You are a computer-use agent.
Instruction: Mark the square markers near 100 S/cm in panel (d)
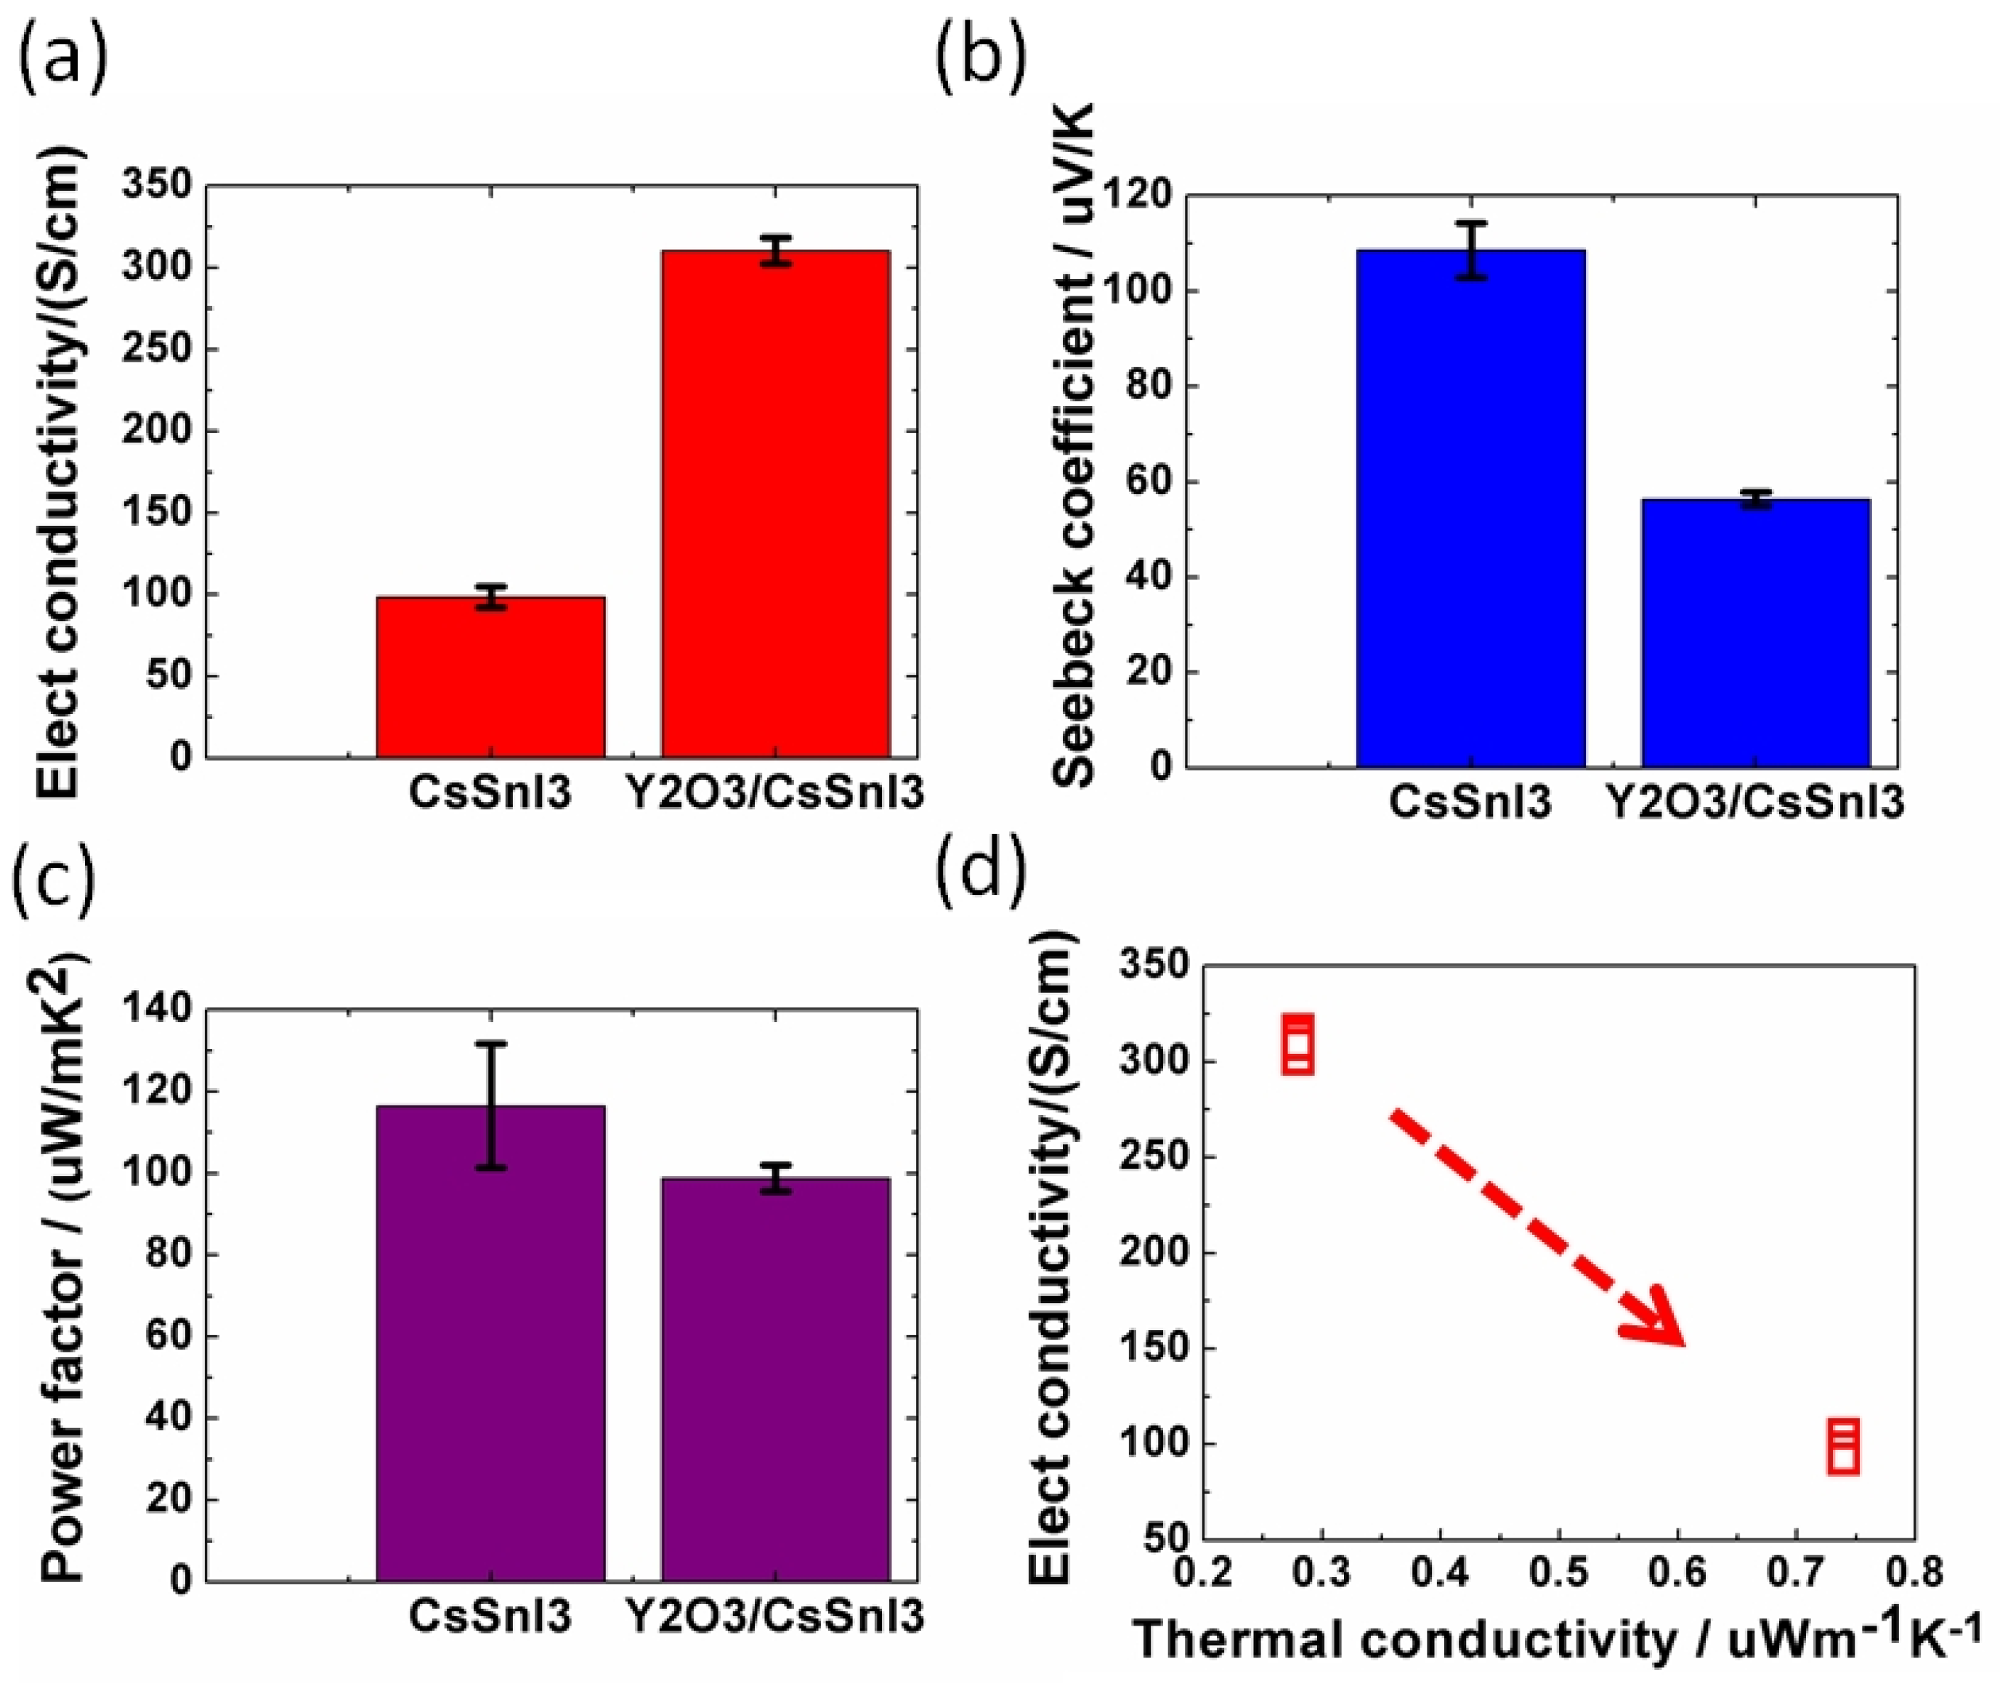click(x=1844, y=1446)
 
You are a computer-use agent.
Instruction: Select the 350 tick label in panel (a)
click(x=158, y=185)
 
